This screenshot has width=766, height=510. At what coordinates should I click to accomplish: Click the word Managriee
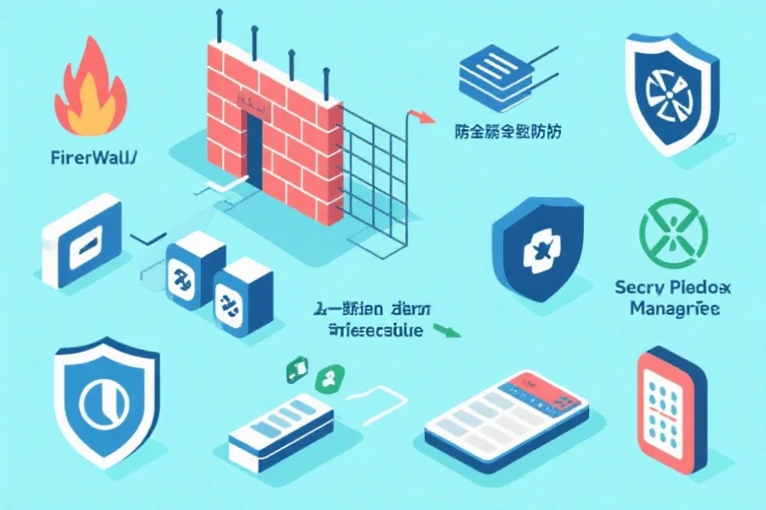tap(675, 308)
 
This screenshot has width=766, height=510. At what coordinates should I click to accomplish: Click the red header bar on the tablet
tap(545, 389)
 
